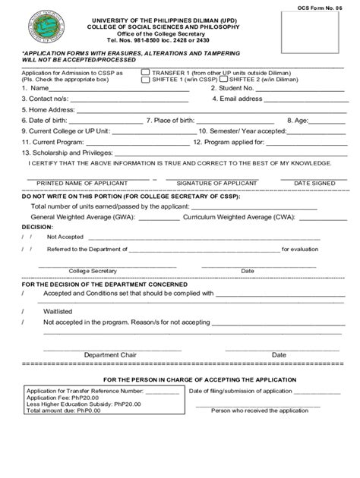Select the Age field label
point(297,120)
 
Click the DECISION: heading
point(37,226)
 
